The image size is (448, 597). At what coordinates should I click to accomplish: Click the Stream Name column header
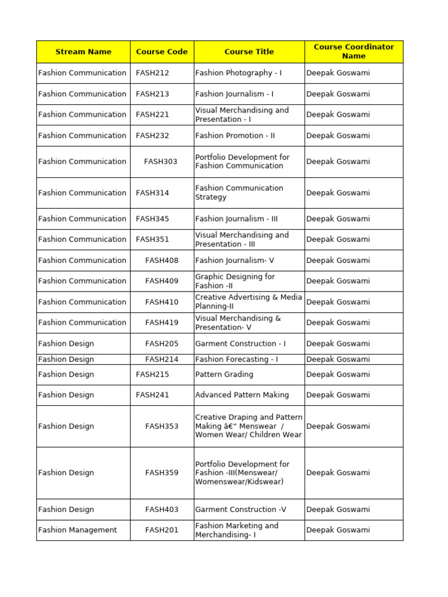click(x=83, y=52)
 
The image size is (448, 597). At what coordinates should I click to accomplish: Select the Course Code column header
click(x=162, y=52)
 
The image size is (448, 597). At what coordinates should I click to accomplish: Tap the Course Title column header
click(x=249, y=52)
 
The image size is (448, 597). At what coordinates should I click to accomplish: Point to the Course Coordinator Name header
click(x=353, y=52)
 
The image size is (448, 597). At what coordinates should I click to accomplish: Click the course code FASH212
click(x=152, y=73)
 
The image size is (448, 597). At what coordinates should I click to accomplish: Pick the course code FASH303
click(x=161, y=161)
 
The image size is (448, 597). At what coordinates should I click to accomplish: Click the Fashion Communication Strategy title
click(x=239, y=192)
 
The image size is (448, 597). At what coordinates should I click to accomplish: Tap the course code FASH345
click(x=152, y=219)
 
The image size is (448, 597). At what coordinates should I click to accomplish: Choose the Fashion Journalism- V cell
click(x=235, y=260)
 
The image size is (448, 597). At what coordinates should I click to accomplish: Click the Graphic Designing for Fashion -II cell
click(x=235, y=281)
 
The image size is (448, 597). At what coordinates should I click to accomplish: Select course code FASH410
click(x=162, y=302)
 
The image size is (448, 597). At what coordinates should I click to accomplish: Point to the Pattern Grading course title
click(x=224, y=374)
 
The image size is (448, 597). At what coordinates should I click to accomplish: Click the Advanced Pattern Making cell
click(x=242, y=395)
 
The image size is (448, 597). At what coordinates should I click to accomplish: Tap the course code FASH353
click(x=162, y=426)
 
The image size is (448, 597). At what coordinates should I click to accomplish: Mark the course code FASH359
click(x=162, y=473)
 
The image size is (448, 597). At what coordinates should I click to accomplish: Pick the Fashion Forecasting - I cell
click(x=236, y=359)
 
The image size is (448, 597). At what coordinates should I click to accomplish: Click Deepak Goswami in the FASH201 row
click(x=338, y=530)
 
